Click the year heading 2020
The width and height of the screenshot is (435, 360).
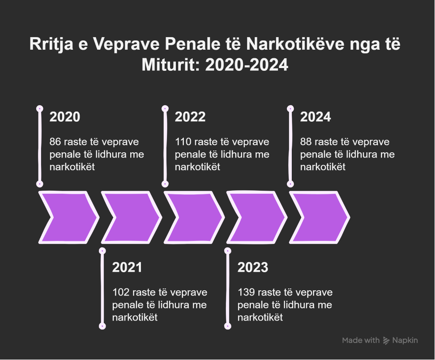(x=65, y=117)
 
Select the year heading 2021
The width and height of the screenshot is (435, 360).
(x=128, y=268)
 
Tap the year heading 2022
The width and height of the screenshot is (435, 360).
(x=190, y=117)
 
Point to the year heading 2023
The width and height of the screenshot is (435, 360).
(x=253, y=268)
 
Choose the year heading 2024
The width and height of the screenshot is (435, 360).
(x=316, y=117)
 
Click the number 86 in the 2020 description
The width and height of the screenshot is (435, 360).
(x=55, y=142)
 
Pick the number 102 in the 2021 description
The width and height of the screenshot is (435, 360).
(x=121, y=292)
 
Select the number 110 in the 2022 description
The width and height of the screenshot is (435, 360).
(x=183, y=142)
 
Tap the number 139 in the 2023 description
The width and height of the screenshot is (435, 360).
(x=246, y=292)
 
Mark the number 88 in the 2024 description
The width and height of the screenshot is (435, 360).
(x=306, y=142)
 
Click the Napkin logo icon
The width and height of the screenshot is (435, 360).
(x=386, y=341)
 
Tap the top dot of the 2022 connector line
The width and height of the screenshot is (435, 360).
(x=165, y=108)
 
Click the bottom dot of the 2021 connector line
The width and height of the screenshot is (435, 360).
(x=102, y=326)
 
